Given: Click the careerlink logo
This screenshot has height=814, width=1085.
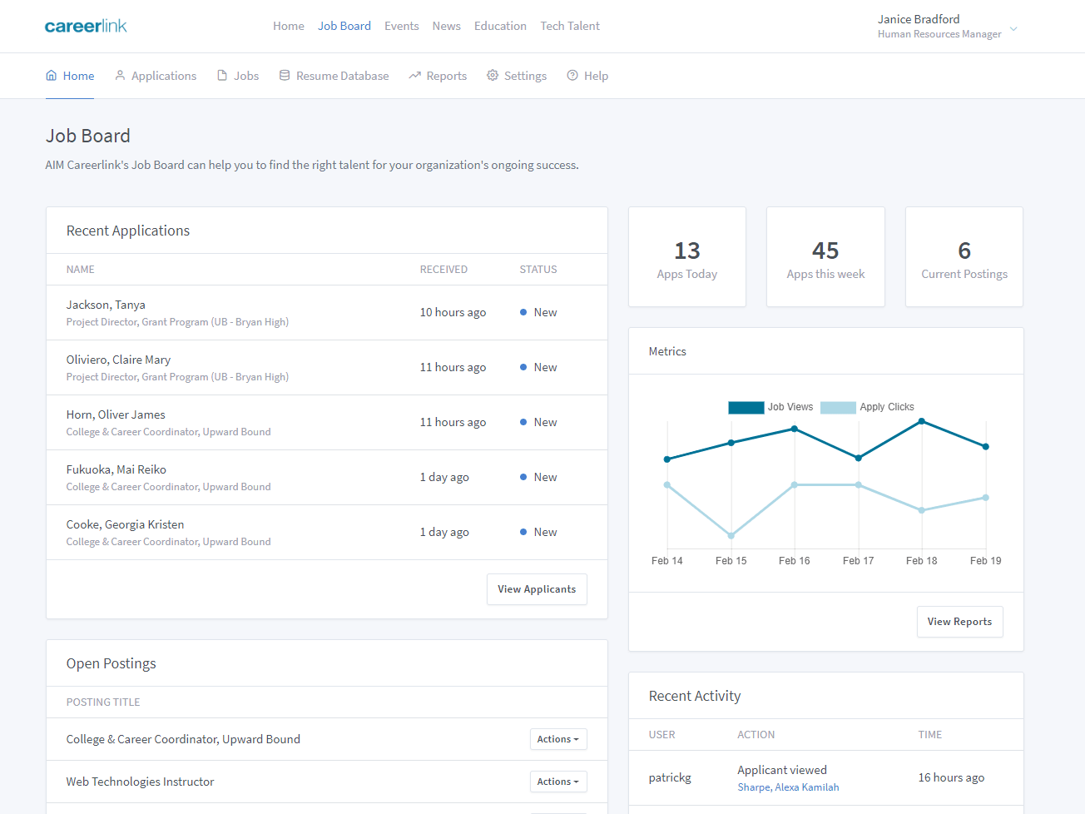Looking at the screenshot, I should point(86,26).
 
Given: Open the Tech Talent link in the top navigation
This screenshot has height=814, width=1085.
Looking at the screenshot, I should point(570,26).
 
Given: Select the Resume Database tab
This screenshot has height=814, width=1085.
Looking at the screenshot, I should point(334,76).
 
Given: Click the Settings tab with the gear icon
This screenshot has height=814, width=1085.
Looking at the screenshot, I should point(517,76).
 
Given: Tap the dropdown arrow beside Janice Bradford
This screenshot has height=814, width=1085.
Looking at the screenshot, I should point(1013,29).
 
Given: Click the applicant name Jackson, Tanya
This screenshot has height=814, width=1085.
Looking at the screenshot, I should point(106,305).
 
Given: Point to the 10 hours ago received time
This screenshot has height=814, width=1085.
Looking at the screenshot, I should point(453,312).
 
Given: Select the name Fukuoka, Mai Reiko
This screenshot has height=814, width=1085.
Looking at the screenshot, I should point(116,469).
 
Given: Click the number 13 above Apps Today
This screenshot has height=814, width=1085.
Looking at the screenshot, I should point(687,251).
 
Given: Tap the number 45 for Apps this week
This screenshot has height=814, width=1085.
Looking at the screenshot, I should point(825,251).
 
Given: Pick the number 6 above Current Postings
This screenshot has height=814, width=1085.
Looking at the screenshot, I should point(964,251).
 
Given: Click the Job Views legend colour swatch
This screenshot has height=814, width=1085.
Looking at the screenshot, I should point(746,407).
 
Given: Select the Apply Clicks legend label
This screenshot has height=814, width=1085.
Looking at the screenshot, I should point(887,407).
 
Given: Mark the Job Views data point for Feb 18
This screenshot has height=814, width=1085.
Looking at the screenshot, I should point(922,421).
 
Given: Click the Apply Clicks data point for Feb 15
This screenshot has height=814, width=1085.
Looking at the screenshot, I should point(731,535).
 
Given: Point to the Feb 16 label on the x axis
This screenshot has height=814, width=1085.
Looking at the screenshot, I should point(795,561).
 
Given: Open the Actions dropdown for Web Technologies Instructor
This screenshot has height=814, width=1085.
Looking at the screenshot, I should point(558,782).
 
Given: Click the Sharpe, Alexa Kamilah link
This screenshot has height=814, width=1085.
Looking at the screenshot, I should point(788,787).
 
